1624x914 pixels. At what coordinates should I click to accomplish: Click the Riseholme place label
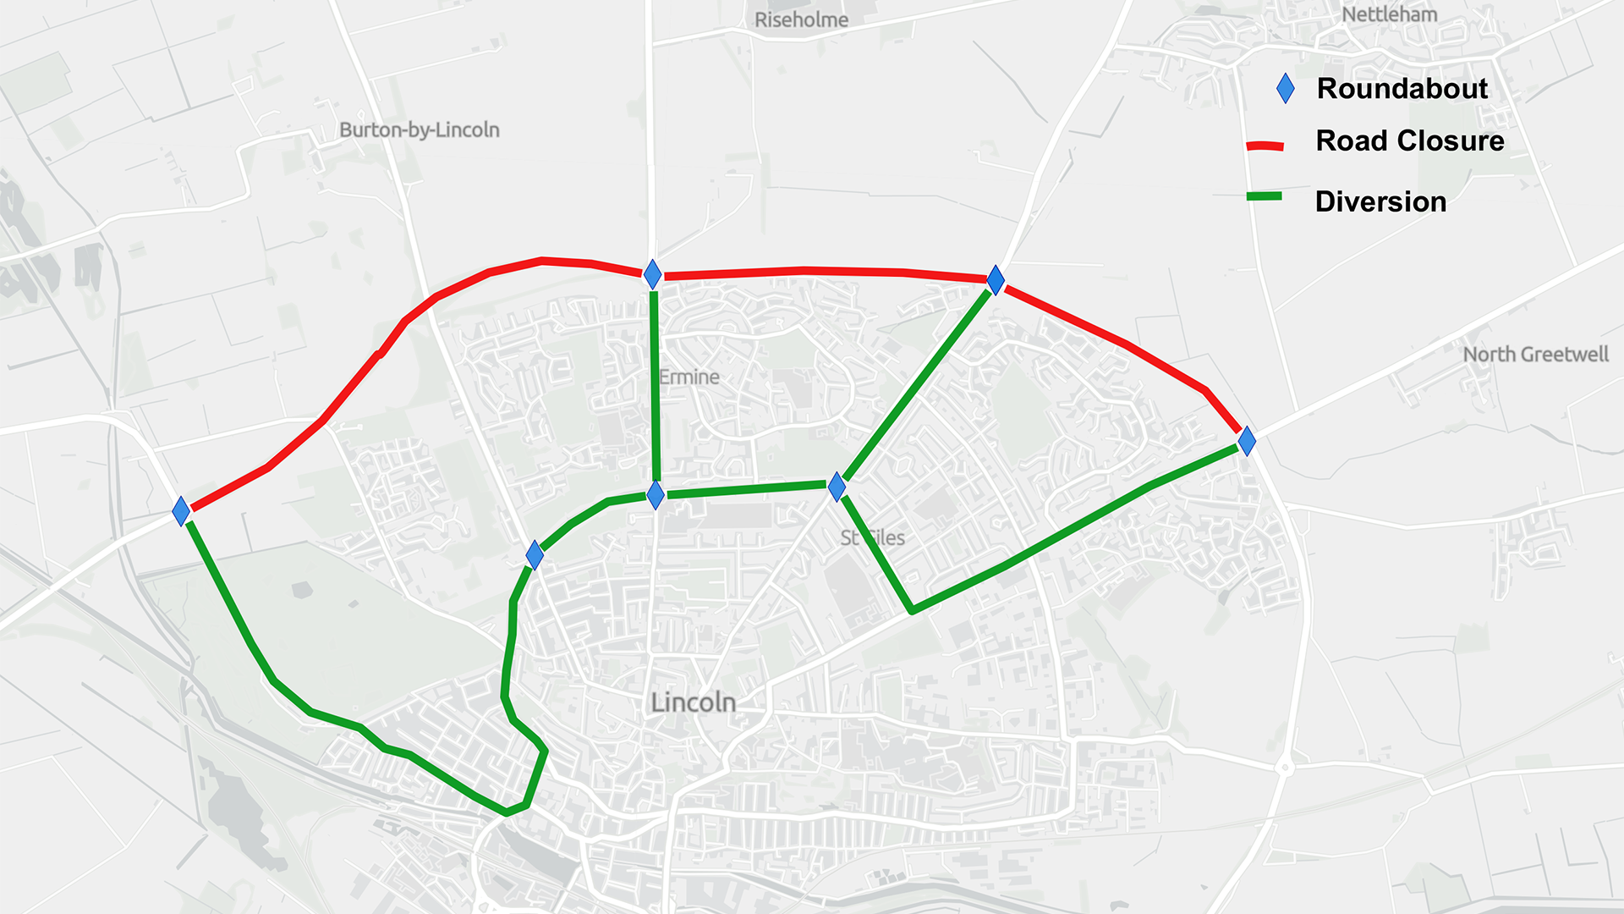click(x=800, y=19)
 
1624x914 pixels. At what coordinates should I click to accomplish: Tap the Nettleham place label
click(x=1389, y=14)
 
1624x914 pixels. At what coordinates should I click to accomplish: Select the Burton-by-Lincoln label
click(x=419, y=129)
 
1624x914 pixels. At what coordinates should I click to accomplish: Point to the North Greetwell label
click(x=1535, y=354)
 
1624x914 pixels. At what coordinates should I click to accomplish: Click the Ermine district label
click(x=689, y=377)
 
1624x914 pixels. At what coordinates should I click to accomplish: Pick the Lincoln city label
click(x=693, y=702)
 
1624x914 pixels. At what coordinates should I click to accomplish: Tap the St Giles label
click(x=872, y=537)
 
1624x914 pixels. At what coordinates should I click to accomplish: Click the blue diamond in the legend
click(x=1285, y=88)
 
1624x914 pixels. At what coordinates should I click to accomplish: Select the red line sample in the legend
click(x=1265, y=146)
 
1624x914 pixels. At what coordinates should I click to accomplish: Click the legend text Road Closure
click(x=1409, y=140)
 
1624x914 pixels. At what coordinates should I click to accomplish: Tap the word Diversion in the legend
click(x=1380, y=201)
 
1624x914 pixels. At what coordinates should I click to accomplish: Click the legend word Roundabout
click(x=1402, y=88)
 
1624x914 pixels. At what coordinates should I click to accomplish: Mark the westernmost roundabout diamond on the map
click(x=181, y=511)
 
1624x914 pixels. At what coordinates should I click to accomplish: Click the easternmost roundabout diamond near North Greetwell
click(x=1246, y=440)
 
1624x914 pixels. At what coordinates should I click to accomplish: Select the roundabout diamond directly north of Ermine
click(x=652, y=274)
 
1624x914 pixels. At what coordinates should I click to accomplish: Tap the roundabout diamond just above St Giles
click(x=837, y=487)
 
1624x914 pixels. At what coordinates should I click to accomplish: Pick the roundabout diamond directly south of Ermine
click(x=656, y=495)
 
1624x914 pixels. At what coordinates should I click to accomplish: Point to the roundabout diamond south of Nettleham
click(x=996, y=280)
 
